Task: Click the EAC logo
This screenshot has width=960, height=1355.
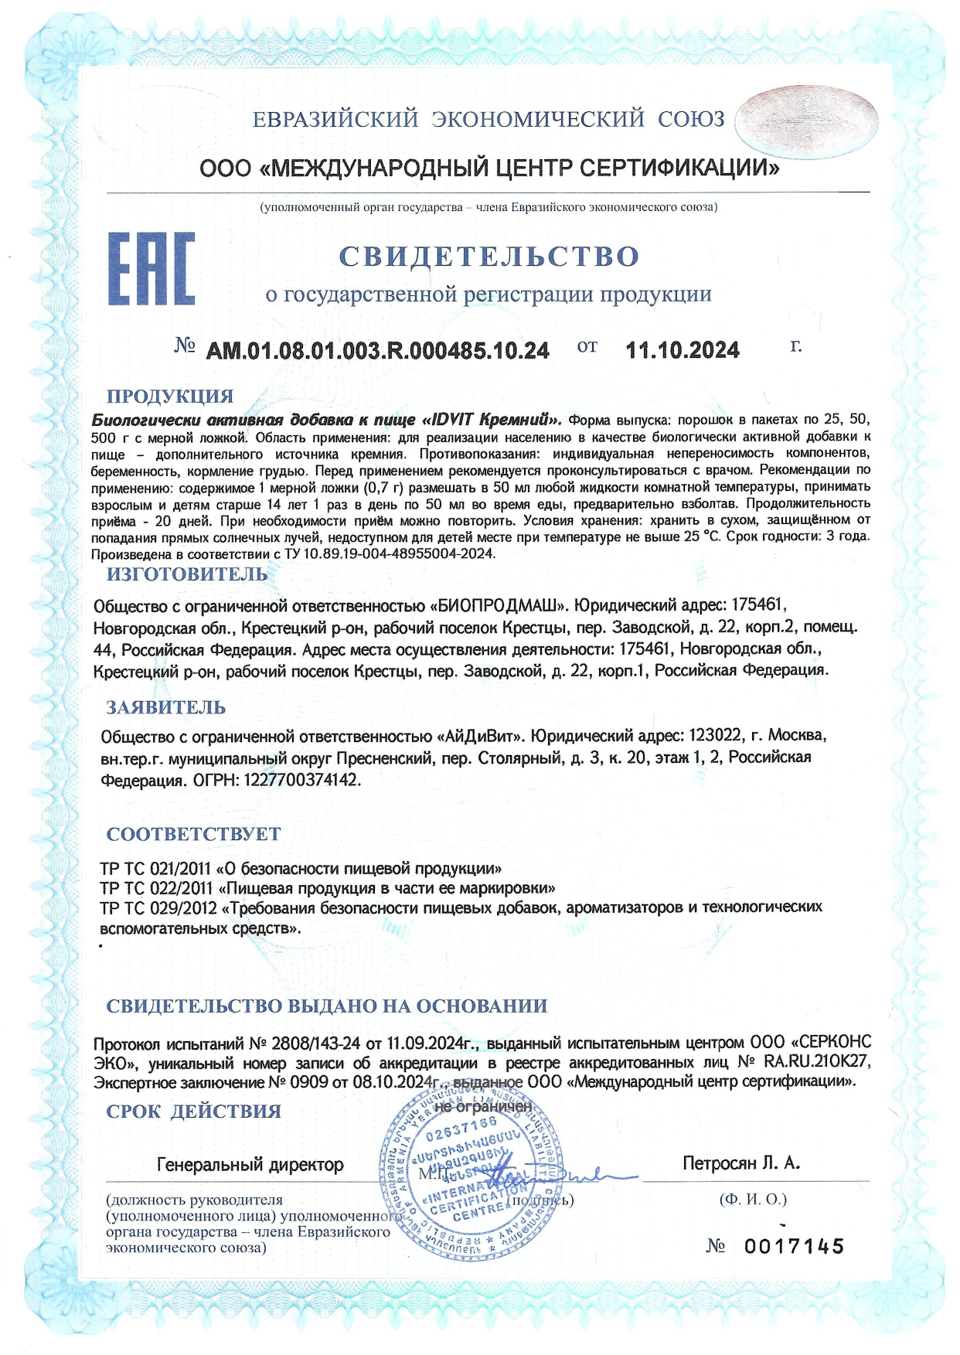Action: click(x=151, y=268)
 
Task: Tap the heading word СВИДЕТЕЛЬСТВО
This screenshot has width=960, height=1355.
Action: click(x=489, y=256)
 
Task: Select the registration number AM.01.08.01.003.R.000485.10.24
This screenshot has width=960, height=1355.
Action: click(x=377, y=351)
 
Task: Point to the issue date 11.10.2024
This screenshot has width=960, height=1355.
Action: click(x=682, y=351)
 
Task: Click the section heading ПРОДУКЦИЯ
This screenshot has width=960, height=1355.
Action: click(x=169, y=396)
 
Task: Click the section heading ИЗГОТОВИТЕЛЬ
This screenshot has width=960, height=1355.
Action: click(x=186, y=574)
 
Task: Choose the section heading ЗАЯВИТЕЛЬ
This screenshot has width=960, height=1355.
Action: click(x=165, y=707)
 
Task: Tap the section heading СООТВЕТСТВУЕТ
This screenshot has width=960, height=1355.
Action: click(x=193, y=834)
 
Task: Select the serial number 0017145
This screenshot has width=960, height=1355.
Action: click(x=794, y=1246)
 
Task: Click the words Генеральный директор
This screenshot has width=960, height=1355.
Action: click(x=250, y=1164)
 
